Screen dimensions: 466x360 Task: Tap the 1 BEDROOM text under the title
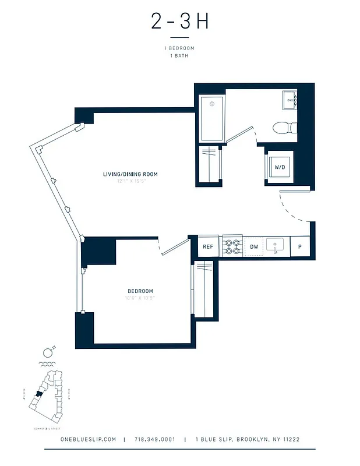179,48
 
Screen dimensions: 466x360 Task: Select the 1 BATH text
179,56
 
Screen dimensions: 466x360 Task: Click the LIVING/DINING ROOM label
130,174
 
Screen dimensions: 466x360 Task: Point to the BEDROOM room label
140,291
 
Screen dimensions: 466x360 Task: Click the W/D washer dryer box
280,168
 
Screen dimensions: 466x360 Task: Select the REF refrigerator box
208,247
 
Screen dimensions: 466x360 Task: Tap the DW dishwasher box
254,247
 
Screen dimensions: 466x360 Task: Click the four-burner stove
232,247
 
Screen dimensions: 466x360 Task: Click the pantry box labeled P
299,247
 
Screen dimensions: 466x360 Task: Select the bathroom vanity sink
290,101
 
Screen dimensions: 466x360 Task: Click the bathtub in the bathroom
212,119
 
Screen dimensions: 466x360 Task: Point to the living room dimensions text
130,182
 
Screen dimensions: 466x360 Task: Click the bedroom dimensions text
140,298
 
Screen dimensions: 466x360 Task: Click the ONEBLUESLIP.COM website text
89,440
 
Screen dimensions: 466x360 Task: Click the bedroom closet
204,289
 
